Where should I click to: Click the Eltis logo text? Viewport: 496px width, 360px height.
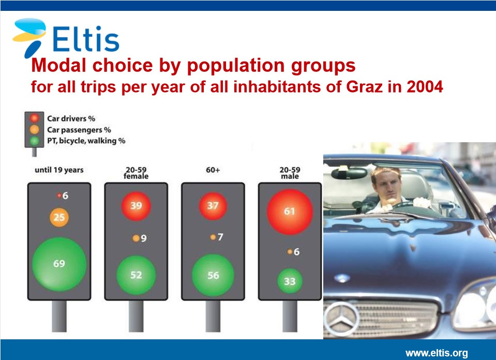tap(85, 39)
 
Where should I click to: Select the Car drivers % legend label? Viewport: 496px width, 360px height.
tap(71, 118)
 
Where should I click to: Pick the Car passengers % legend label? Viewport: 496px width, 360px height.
tap(79, 130)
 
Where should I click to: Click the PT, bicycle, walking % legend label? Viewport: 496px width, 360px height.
tap(86, 141)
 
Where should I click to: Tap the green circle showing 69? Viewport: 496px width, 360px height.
tap(59, 264)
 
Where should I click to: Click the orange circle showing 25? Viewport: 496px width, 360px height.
tap(59, 217)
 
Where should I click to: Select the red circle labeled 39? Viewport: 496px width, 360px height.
tap(136, 206)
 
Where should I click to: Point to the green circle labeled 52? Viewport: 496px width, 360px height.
tap(136, 275)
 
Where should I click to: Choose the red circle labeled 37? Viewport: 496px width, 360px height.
tap(213, 206)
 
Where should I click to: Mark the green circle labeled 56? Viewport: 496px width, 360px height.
tap(213, 275)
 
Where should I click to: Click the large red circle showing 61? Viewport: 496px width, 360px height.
tap(290, 212)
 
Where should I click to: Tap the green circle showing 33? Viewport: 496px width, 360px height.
tap(290, 281)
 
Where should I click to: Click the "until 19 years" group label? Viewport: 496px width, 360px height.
tap(59, 170)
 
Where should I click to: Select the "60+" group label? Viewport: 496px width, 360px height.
tap(213, 170)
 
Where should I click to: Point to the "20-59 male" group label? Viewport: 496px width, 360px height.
tap(290, 173)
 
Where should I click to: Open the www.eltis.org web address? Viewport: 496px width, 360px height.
tap(437, 353)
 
